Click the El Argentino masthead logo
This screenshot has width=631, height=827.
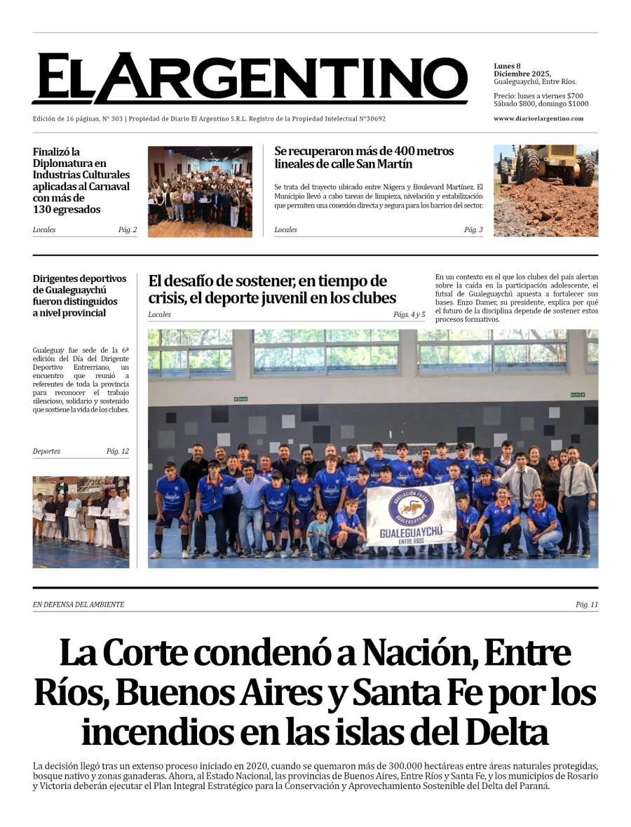(249, 79)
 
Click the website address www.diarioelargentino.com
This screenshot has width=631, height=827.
(538, 119)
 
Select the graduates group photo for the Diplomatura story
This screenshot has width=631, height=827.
(200, 191)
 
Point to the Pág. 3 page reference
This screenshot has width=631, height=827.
(473, 230)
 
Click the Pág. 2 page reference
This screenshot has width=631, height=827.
(127, 230)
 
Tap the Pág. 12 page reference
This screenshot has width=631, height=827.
(117, 452)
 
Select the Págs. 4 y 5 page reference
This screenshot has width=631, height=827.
(409, 315)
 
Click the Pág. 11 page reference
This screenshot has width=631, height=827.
(586, 605)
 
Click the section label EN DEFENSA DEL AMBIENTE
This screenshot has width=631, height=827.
(79, 605)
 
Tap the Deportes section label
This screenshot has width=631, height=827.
(46, 452)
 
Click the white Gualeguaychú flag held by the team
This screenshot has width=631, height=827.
(411, 515)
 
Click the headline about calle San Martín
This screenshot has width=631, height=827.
(364, 158)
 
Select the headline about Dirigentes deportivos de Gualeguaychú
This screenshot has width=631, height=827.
(79, 295)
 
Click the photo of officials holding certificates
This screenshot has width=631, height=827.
(81, 522)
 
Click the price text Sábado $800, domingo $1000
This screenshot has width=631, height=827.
(541, 104)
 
